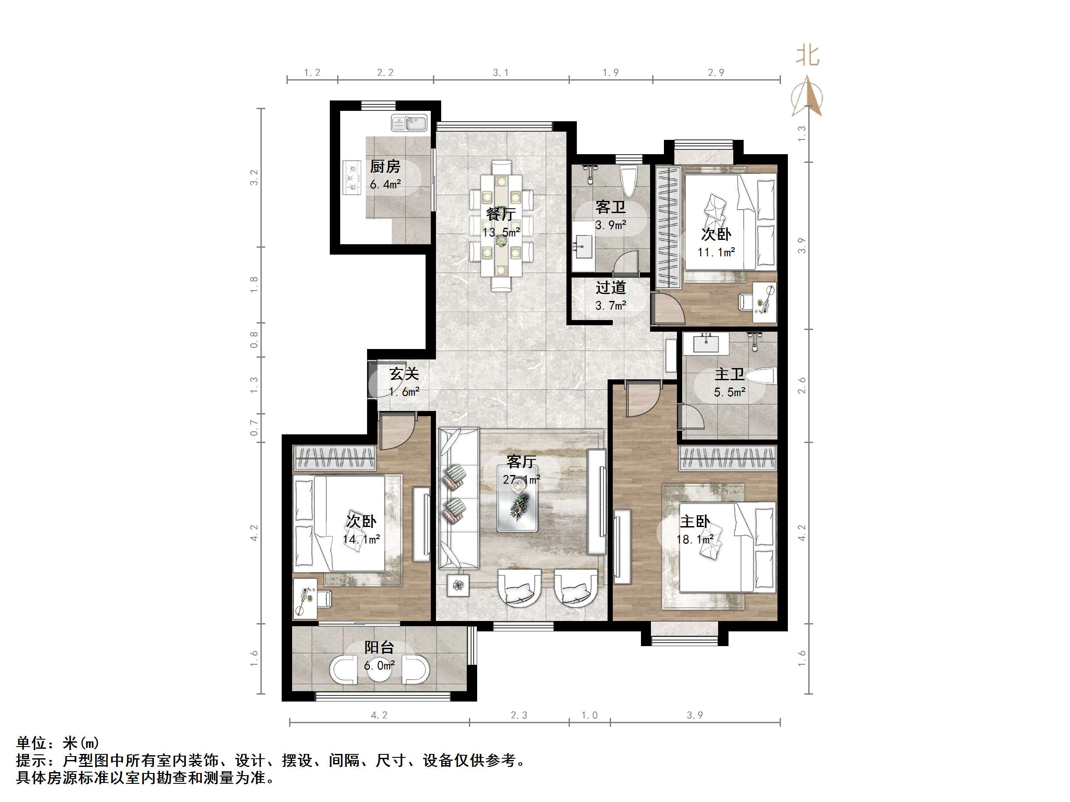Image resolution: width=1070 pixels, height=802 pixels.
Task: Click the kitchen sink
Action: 409,123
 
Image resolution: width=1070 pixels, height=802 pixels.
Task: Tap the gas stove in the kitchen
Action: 353,178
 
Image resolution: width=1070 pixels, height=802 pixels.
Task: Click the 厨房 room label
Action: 385,166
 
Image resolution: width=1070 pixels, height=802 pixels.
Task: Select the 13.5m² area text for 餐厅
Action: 501,233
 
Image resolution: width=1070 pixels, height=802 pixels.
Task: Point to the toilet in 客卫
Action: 628,181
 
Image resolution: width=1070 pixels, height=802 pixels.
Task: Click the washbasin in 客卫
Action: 584,246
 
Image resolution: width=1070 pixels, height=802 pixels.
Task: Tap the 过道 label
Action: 611,288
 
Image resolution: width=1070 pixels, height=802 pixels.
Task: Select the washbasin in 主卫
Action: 707,344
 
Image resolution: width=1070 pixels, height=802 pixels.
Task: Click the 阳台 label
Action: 379,647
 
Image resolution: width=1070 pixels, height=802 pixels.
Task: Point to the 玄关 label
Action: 404,374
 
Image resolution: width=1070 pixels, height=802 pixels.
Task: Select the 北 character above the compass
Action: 807,55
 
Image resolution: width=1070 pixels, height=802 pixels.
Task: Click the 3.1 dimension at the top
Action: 501,72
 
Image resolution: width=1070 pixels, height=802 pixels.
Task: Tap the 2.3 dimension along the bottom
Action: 519,715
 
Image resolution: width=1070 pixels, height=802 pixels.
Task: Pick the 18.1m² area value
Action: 695,540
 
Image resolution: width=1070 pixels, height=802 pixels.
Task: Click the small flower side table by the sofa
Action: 458,586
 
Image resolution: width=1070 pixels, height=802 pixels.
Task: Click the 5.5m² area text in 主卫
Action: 729,392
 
